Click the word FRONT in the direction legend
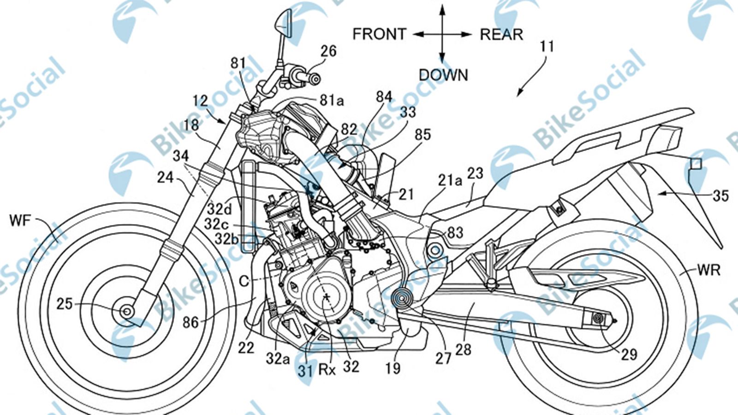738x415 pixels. pyautogui.click(x=379, y=34)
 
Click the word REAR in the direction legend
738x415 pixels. pyautogui.click(x=501, y=34)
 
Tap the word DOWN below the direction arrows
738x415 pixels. pyautogui.click(x=443, y=75)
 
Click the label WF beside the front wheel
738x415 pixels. pyautogui.click(x=19, y=220)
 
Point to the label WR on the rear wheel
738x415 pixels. pyautogui.click(x=708, y=270)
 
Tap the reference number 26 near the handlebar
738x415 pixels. pyautogui.click(x=328, y=51)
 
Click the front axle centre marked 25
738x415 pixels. pyautogui.click(x=125, y=311)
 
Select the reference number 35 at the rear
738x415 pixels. pyautogui.click(x=720, y=196)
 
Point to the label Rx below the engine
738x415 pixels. pyautogui.click(x=327, y=369)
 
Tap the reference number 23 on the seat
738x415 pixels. pyautogui.click(x=475, y=173)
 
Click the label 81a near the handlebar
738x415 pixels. pyautogui.click(x=331, y=100)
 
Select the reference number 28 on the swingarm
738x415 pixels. pyautogui.click(x=463, y=350)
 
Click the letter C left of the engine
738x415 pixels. pyautogui.click(x=244, y=280)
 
